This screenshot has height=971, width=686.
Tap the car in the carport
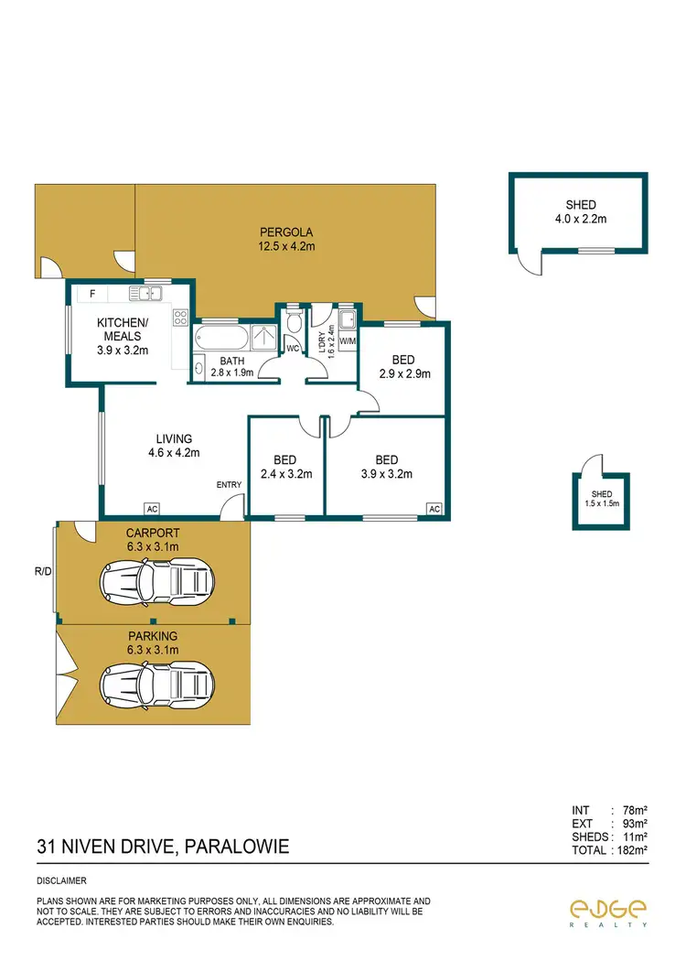coord(157,578)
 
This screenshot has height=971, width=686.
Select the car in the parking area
coord(157,681)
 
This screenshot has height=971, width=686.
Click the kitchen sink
coord(145,293)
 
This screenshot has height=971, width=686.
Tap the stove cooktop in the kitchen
coord(180,318)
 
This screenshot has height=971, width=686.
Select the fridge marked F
coord(91,294)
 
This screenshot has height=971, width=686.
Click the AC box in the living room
coord(150,509)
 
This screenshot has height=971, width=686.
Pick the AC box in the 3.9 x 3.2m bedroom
coord(434,509)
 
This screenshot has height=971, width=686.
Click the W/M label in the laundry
coord(348,342)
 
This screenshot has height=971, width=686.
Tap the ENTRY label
coord(229,484)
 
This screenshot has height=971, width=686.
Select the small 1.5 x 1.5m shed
coord(601,501)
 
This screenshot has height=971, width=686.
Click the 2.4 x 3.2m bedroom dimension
coord(286,474)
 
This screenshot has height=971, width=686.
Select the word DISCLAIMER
coord(60,881)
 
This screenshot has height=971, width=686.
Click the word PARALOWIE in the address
coord(237,847)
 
